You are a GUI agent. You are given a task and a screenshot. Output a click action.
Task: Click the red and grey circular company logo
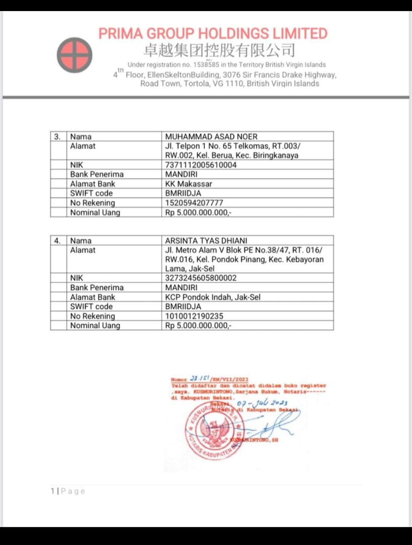[74, 55]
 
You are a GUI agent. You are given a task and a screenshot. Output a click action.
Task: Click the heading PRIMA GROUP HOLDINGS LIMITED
[213, 34]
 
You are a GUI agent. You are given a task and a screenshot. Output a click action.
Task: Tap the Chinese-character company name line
[219, 51]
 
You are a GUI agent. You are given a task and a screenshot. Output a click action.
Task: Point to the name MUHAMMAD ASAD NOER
[211, 137]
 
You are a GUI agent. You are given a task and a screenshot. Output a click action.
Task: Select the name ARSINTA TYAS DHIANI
[206, 241]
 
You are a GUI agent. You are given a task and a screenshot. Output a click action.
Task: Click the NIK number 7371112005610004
[201, 165]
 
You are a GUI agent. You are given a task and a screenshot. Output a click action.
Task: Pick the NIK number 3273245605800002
[201, 278]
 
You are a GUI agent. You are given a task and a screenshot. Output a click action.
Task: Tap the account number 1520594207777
[194, 203]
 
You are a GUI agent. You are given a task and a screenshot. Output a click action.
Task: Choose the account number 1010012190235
[194, 316]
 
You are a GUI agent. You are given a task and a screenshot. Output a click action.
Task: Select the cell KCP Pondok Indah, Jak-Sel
[213, 297]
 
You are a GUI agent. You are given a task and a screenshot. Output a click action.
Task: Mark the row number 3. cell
[57, 137]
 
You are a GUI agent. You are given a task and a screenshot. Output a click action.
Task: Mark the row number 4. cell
[57, 241]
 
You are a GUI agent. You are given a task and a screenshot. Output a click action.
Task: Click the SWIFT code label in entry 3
[91, 193]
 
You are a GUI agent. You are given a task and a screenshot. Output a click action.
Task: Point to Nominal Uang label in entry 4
[95, 325]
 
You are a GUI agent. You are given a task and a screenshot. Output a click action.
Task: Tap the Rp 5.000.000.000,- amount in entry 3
[198, 212]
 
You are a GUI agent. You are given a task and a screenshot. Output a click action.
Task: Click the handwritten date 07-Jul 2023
[262, 403]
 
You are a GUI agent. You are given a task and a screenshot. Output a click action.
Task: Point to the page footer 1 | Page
[68, 491]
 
